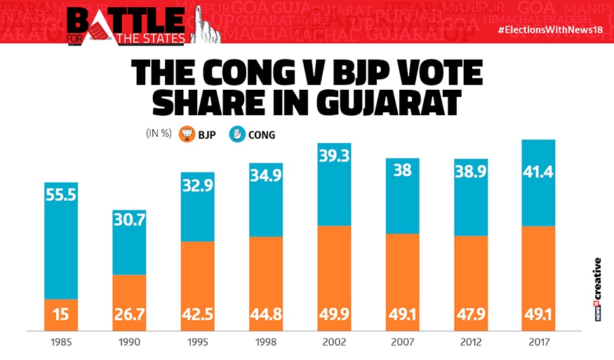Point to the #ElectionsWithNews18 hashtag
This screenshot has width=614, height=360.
click(x=554, y=31)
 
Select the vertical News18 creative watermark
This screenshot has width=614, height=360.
click(x=597, y=288)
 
